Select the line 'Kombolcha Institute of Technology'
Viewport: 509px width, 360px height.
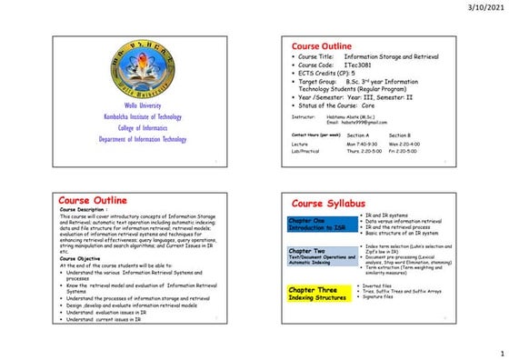143,117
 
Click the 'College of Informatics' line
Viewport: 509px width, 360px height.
142,128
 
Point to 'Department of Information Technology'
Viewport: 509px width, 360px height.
143,139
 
